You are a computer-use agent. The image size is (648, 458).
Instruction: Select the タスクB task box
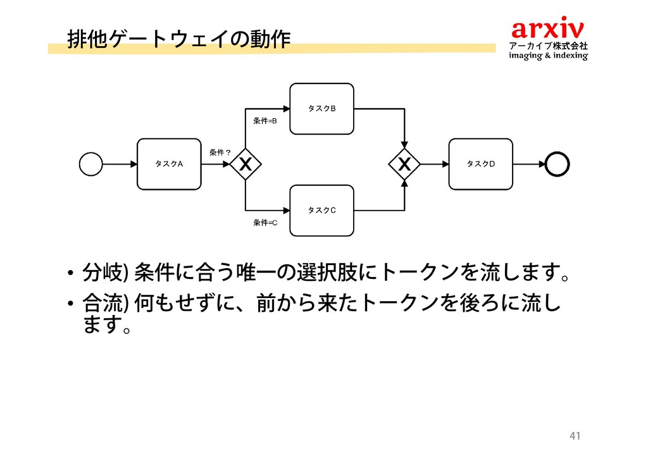[x=321, y=109]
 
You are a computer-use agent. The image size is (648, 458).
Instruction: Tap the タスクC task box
[x=321, y=211]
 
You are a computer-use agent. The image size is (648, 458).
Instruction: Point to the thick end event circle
[x=558, y=164]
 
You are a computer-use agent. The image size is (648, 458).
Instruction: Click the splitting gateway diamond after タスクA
[x=246, y=164]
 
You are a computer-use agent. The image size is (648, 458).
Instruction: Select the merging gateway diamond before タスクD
[x=404, y=164]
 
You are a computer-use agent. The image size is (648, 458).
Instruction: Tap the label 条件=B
[x=265, y=120]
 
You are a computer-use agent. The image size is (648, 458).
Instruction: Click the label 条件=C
[x=265, y=223]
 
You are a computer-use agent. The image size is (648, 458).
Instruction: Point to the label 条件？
[x=221, y=152]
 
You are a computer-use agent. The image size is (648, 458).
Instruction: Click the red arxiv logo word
[x=548, y=29]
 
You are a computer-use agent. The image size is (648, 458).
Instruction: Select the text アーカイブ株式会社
[x=549, y=46]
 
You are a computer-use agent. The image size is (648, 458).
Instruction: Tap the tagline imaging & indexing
[x=549, y=56]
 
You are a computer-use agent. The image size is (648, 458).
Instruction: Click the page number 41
[x=575, y=436]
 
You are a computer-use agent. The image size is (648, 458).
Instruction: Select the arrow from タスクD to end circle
[x=528, y=164]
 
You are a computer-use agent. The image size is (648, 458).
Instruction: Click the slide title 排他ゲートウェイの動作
[x=178, y=39]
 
